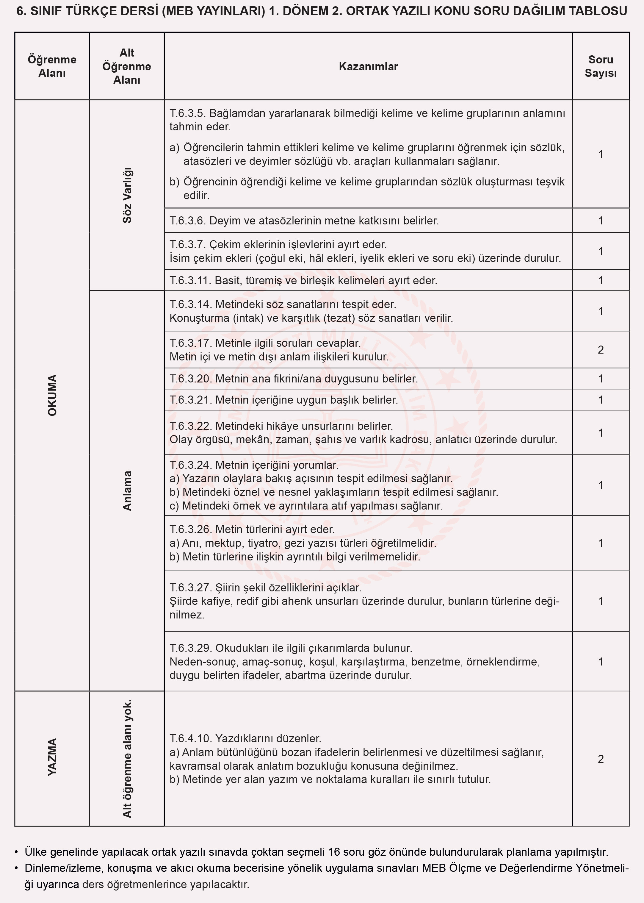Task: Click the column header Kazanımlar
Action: (x=368, y=66)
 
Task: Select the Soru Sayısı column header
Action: (x=600, y=66)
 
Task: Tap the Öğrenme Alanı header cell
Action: (x=52, y=66)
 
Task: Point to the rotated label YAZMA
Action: (x=52, y=757)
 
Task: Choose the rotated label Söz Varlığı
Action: (x=127, y=195)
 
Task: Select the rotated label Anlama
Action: (x=127, y=490)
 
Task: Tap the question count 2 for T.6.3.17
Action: (x=600, y=349)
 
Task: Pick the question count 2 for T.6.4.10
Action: (x=600, y=759)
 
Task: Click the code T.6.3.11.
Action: (x=190, y=280)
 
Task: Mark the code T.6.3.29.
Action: (x=191, y=648)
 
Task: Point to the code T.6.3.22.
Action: (x=191, y=426)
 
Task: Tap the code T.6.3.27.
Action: (x=191, y=587)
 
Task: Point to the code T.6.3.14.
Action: (x=191, y=304)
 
